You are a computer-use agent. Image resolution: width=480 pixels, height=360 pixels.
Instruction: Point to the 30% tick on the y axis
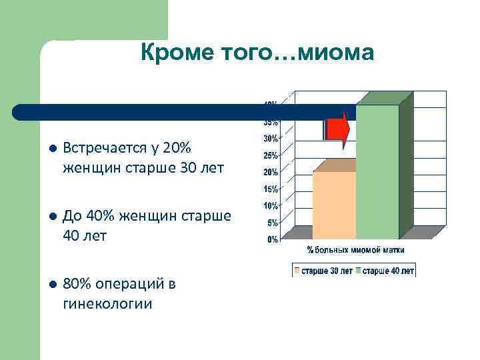(271, 139)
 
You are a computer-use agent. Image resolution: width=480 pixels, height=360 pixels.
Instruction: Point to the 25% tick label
(271, 156)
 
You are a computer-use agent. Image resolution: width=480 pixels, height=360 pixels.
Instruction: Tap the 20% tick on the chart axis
(271, 172)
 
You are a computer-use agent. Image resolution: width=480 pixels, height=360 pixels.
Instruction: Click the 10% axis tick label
(271, 205)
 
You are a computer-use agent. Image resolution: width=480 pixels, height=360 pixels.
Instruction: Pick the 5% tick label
(273, 222)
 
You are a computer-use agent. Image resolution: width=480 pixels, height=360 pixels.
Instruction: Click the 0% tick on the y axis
(273, 239)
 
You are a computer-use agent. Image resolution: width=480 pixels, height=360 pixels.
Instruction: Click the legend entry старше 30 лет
(327, 271)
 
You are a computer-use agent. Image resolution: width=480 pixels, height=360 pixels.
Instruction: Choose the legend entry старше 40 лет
(388, 271)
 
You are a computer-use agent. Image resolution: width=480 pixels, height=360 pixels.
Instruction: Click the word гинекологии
(107, 304)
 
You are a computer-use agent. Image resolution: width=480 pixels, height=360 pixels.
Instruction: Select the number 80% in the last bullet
(76, 285)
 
